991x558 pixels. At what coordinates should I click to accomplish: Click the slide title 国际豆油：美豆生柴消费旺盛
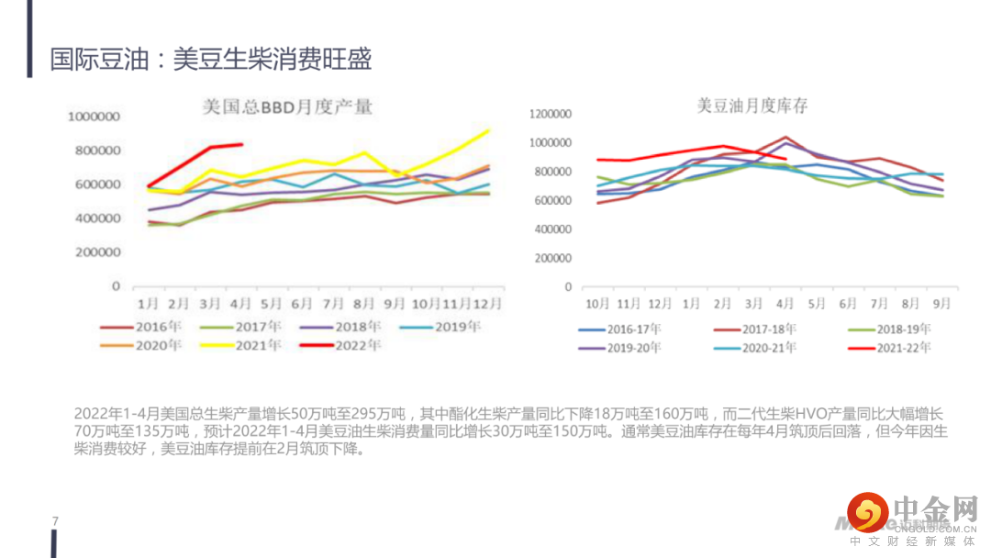[x=211, y=60]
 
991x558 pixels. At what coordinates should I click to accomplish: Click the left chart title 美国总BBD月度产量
[x=287, y=107]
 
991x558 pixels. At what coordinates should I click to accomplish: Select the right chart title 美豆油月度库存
[x=752, y=106]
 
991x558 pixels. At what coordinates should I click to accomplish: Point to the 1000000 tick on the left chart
[x=95, y=117]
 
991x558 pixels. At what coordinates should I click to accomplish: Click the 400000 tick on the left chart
[x=98, y=218]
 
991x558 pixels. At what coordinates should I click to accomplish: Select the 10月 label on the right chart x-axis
[x=597, y=302]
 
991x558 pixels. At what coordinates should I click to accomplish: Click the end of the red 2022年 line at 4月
[x=241, y=144]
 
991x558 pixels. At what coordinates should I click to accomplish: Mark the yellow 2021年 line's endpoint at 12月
[x=488, y=130]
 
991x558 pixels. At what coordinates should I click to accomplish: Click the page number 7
[x=55, y=521]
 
